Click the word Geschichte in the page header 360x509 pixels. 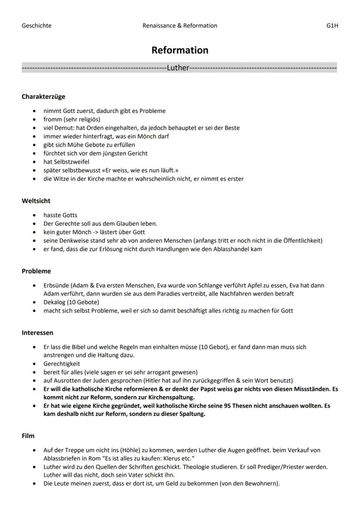37,26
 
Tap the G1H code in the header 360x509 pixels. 332,26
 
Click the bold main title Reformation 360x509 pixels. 180,50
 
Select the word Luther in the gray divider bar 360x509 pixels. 178,68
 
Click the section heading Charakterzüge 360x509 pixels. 43,96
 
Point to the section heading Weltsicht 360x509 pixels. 36,201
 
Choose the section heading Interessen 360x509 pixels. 37,333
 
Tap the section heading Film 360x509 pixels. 28,435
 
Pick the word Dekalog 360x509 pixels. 54,302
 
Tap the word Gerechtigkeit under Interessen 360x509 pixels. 61,363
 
